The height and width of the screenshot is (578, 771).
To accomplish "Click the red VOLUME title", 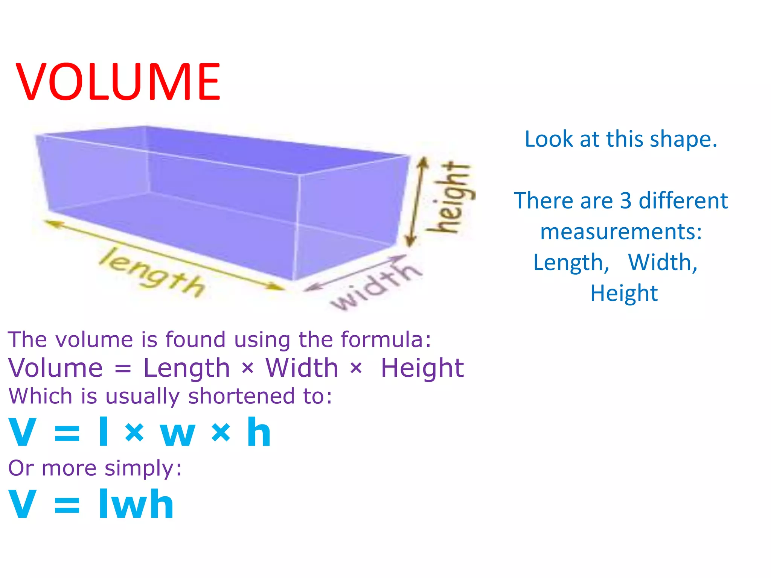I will coord(118,82).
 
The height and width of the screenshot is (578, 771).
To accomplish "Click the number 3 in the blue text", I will coord(625,200).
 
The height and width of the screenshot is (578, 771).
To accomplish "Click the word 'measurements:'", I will coord(621,231).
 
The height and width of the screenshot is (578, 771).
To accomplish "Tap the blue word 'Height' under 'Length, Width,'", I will coord(624,293).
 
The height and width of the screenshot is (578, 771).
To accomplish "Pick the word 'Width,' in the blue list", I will coord(663,262).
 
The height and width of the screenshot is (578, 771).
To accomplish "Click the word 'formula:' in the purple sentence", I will coord(386,339).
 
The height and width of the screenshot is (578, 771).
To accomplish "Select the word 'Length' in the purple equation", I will coord(186,368).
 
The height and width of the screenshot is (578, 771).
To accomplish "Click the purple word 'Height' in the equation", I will coord(422,368).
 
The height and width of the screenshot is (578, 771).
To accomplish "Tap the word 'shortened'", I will coord(241,396).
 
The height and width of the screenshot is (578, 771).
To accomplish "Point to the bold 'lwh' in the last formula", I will coord(136,504).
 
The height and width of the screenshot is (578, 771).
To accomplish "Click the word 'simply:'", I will coord(143,468).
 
